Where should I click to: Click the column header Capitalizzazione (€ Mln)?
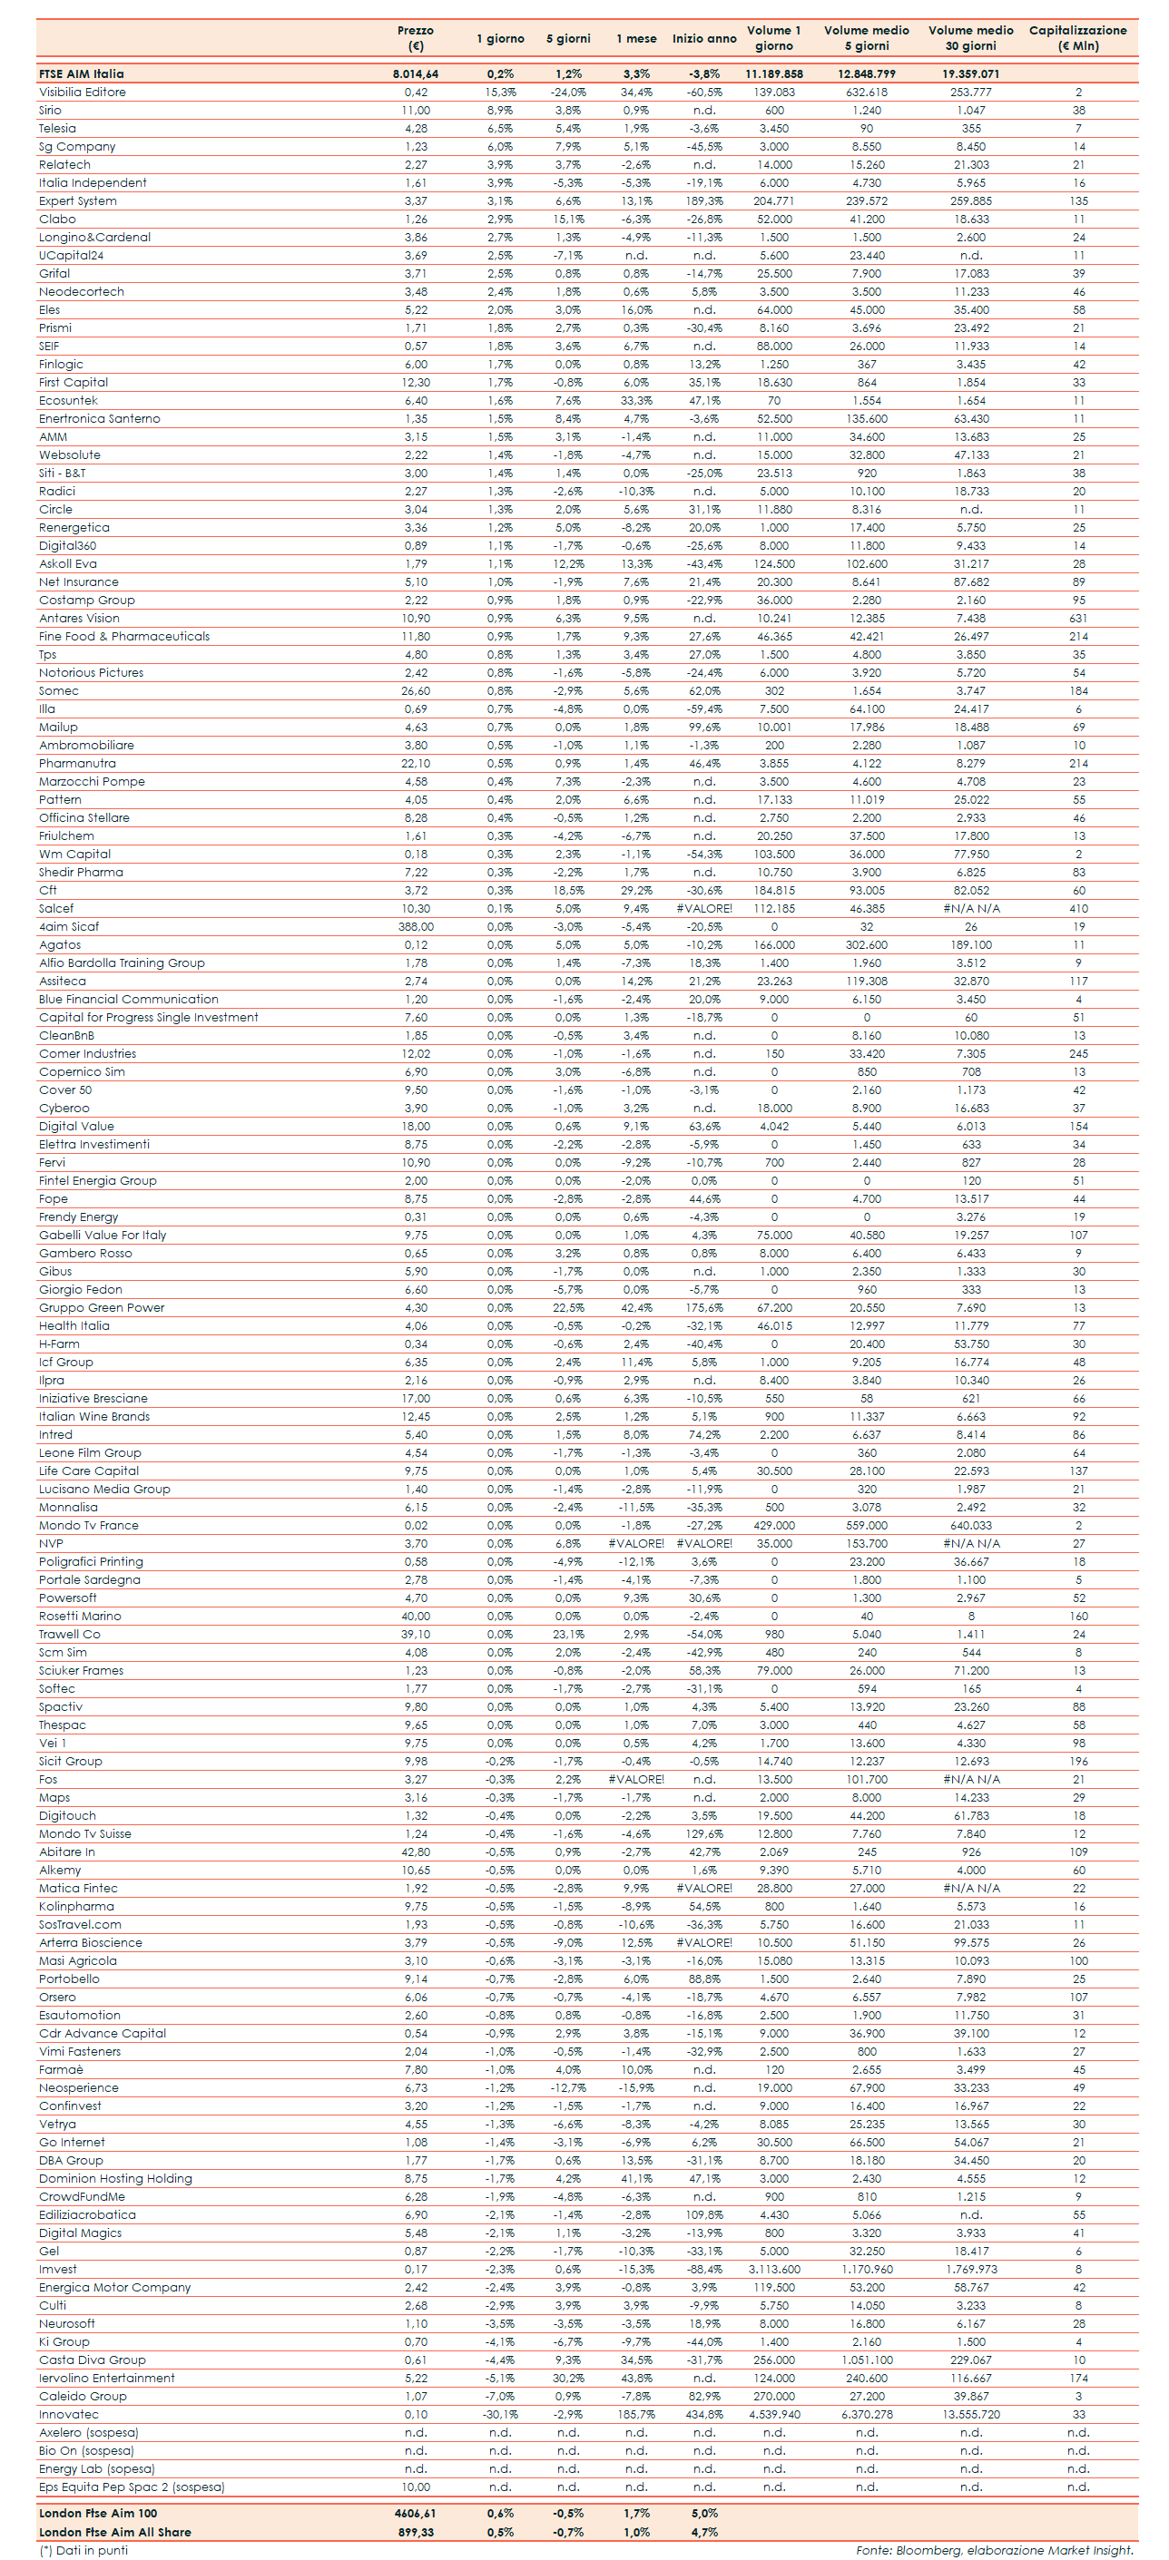[1077, 38]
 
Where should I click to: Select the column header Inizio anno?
[703, 39]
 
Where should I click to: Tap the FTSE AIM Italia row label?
[82, 73]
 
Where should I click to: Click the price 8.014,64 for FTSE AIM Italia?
[416, 73]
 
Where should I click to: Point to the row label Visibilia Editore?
[83, 93]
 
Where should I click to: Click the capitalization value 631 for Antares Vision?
[1078, 618]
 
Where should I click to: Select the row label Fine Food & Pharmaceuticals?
[124, 636]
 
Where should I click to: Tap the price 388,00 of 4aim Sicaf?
[416, 926]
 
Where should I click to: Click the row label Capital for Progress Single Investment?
[148, 1018]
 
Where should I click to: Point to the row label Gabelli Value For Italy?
[103, 1236]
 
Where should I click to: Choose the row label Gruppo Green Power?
[102, 1308]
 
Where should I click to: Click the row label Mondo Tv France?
[88, 1526]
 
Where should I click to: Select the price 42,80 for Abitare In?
[416, 1852]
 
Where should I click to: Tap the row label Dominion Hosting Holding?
[115, 2178]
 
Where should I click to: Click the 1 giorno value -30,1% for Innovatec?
[500, 2415]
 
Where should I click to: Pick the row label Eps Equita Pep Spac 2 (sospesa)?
[132, 2487]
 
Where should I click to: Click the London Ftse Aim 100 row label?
[97, 2514]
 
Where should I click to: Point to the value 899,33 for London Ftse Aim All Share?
[416, 2532]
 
